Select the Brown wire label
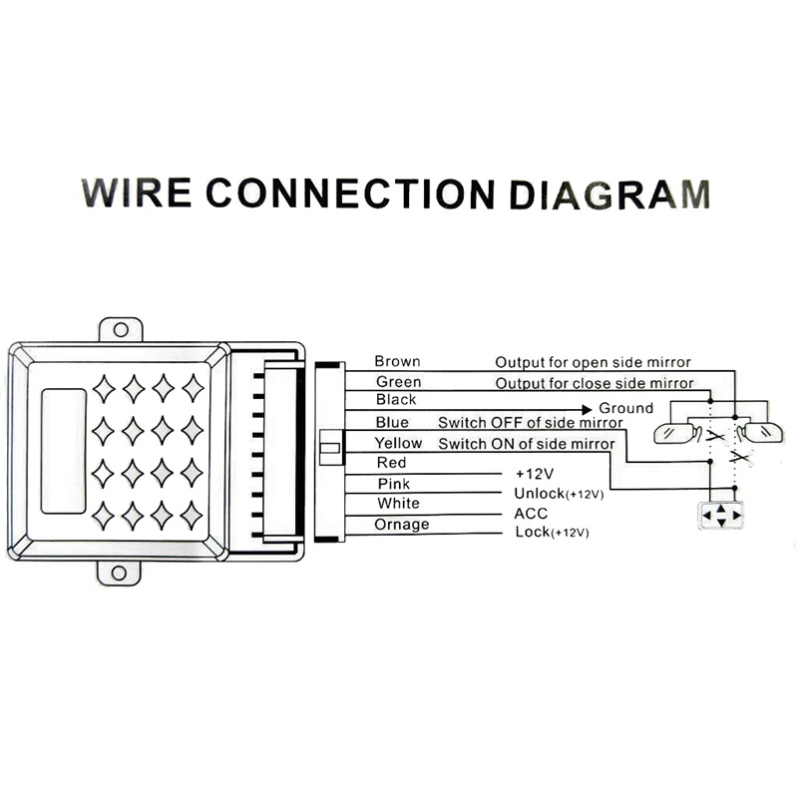pos(397,361)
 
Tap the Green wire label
pos(398,382)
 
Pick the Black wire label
pos(396,400)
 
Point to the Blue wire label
pos(391,423)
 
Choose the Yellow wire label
pos(398,443)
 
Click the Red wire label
pos(391,463)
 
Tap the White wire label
pos(398,504)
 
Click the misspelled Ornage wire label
pos(402,525)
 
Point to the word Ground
pos(625,408)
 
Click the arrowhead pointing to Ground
pos(587,408)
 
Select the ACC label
pos(531,513)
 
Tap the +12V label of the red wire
pos(534,474)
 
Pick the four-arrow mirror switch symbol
pos(720,516)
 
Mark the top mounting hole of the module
pos(121,328)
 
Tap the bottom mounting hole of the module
pos(120,573)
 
